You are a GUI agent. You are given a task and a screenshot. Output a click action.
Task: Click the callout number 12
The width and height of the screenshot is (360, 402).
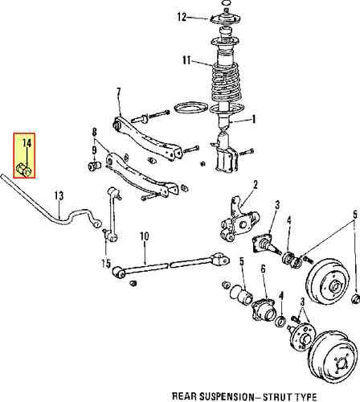(182, 17)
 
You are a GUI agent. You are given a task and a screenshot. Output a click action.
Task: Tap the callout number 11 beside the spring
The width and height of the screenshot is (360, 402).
(186, 60)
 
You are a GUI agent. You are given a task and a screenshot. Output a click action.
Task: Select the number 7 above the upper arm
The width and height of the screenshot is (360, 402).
(118, 92)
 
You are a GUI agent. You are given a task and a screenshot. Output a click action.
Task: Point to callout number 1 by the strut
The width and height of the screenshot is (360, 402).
(253, 119)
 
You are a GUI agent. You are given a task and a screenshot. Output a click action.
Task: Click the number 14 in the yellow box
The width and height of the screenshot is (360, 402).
(27, 143)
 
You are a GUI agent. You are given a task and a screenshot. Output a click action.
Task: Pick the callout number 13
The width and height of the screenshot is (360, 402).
(59, 196)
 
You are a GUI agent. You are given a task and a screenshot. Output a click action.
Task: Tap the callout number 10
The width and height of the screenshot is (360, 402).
(144, 236)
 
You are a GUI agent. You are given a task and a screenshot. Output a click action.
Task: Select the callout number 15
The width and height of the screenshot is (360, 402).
(106, 264)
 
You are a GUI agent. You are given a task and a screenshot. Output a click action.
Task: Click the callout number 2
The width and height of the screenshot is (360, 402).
(255, 185)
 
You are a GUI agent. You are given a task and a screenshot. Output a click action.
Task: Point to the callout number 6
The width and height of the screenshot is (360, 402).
(263, 269)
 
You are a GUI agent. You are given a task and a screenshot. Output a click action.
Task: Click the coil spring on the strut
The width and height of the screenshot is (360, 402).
(227, 82)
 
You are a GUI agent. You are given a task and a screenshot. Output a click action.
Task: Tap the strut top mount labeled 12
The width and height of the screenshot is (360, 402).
(226, 18)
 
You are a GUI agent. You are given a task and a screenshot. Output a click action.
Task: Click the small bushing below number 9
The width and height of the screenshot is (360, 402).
(94, 166)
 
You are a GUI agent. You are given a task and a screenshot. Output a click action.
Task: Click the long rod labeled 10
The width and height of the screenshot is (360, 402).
(171, 265)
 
